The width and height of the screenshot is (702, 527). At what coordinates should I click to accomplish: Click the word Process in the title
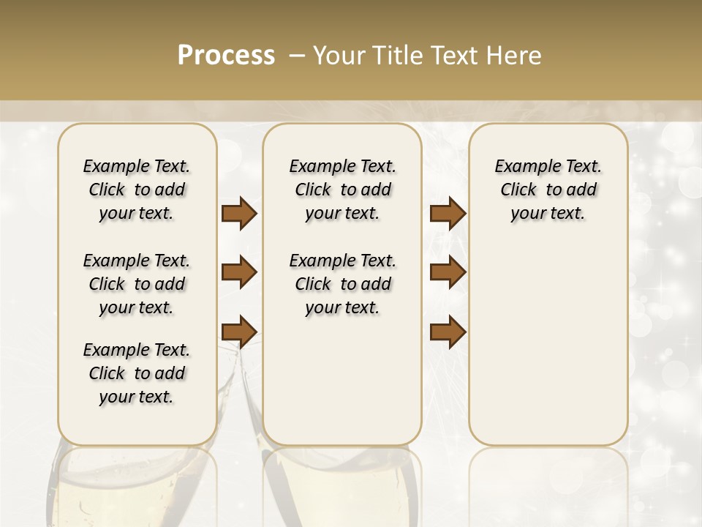tap(226, 56)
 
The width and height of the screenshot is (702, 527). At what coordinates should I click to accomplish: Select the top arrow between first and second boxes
tap(239, 214)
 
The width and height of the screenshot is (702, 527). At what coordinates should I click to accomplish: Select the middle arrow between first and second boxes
tap(239, 272)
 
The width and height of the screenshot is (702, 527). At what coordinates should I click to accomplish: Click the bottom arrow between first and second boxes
tap(239, 331)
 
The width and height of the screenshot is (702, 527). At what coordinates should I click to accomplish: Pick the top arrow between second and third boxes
tap(448, 214)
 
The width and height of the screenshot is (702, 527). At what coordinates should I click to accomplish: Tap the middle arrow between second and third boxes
tap(448, 272)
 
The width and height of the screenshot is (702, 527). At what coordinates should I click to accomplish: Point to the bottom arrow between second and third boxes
tap(448, 332)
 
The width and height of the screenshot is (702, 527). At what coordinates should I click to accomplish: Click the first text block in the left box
tap(137, 190)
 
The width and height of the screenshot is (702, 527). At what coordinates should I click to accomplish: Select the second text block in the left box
tap(137, 284)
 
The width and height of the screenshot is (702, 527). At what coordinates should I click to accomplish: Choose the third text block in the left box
tap(137, 373)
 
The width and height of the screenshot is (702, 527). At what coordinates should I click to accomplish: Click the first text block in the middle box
tap(342, 190)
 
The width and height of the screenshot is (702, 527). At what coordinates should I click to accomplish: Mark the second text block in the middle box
tap(342, 284)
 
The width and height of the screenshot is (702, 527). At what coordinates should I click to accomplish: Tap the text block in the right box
tap(548, 190)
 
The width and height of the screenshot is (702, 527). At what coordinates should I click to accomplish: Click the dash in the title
tap(297, 56)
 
